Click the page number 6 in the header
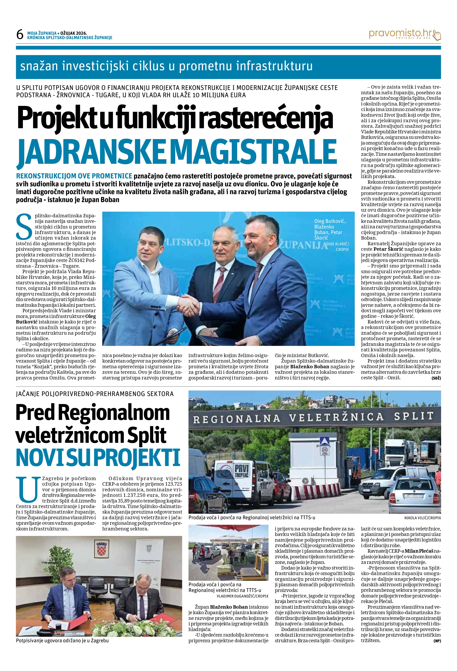20,35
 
